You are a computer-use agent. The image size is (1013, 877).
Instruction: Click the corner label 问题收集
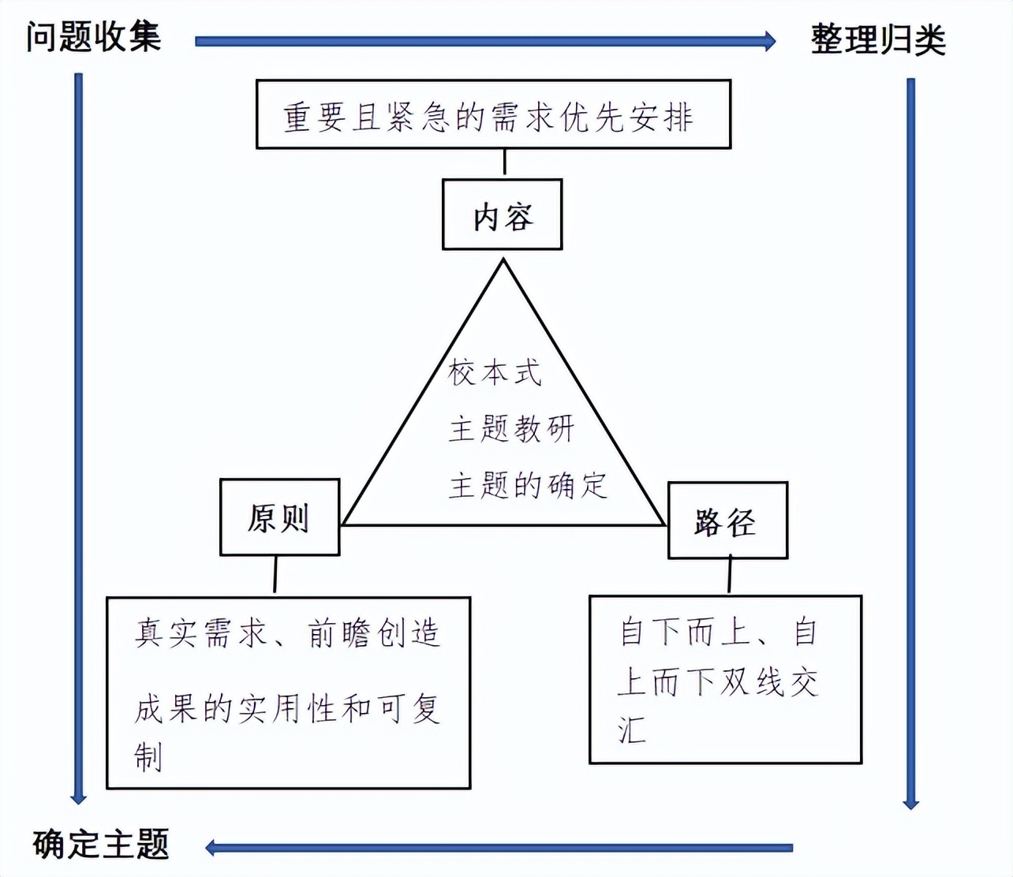pyautogui.click(x=93, y=37)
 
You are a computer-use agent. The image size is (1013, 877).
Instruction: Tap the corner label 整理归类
pyautogui.click(x=877, y=39)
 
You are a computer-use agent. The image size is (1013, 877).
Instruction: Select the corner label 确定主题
pyautogui.click(x=101, y=844)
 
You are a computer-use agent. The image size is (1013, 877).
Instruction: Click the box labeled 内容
pyautogui.click(x=503, y=215)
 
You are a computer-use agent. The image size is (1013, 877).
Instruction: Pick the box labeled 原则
pyautogui.click(x=279, y=517)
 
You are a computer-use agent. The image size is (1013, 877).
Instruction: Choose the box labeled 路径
pyautogui.click(x=727, y=521)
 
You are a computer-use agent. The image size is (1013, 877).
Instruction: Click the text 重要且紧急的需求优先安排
pyautogui.click(x=488, y=118)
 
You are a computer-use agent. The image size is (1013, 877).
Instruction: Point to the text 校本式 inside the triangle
pyautogui.click(x=495, y=372)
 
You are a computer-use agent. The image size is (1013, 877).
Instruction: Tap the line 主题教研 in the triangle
pyautogui.click(x=511, y=429)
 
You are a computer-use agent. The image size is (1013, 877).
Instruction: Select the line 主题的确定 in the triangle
pyautogui.click(x=528, y=485)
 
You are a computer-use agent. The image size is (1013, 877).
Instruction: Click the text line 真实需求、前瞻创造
pyautogui.click(x=287, y=633)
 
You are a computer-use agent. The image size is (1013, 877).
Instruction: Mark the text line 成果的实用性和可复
pyautogui.click(x=287, y=708)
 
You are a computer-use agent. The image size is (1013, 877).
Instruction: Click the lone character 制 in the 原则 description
pyautogui.click(x=148, y=756)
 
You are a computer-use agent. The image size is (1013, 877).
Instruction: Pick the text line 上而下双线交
pyautogui.click(x=717, y=681)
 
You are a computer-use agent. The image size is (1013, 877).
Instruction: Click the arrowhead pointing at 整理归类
pyautogui.click(x=769, y=40)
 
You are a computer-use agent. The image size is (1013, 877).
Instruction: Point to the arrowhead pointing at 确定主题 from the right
pyautogui.click(x=212, y=848)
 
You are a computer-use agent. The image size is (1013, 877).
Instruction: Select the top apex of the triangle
pyautogui.click(x=503, y=262)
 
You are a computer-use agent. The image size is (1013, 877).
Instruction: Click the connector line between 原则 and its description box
pyautogui.click(x=275, y=575)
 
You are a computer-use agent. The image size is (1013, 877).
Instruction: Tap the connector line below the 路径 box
pyautogui.click(x=730, y=576)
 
